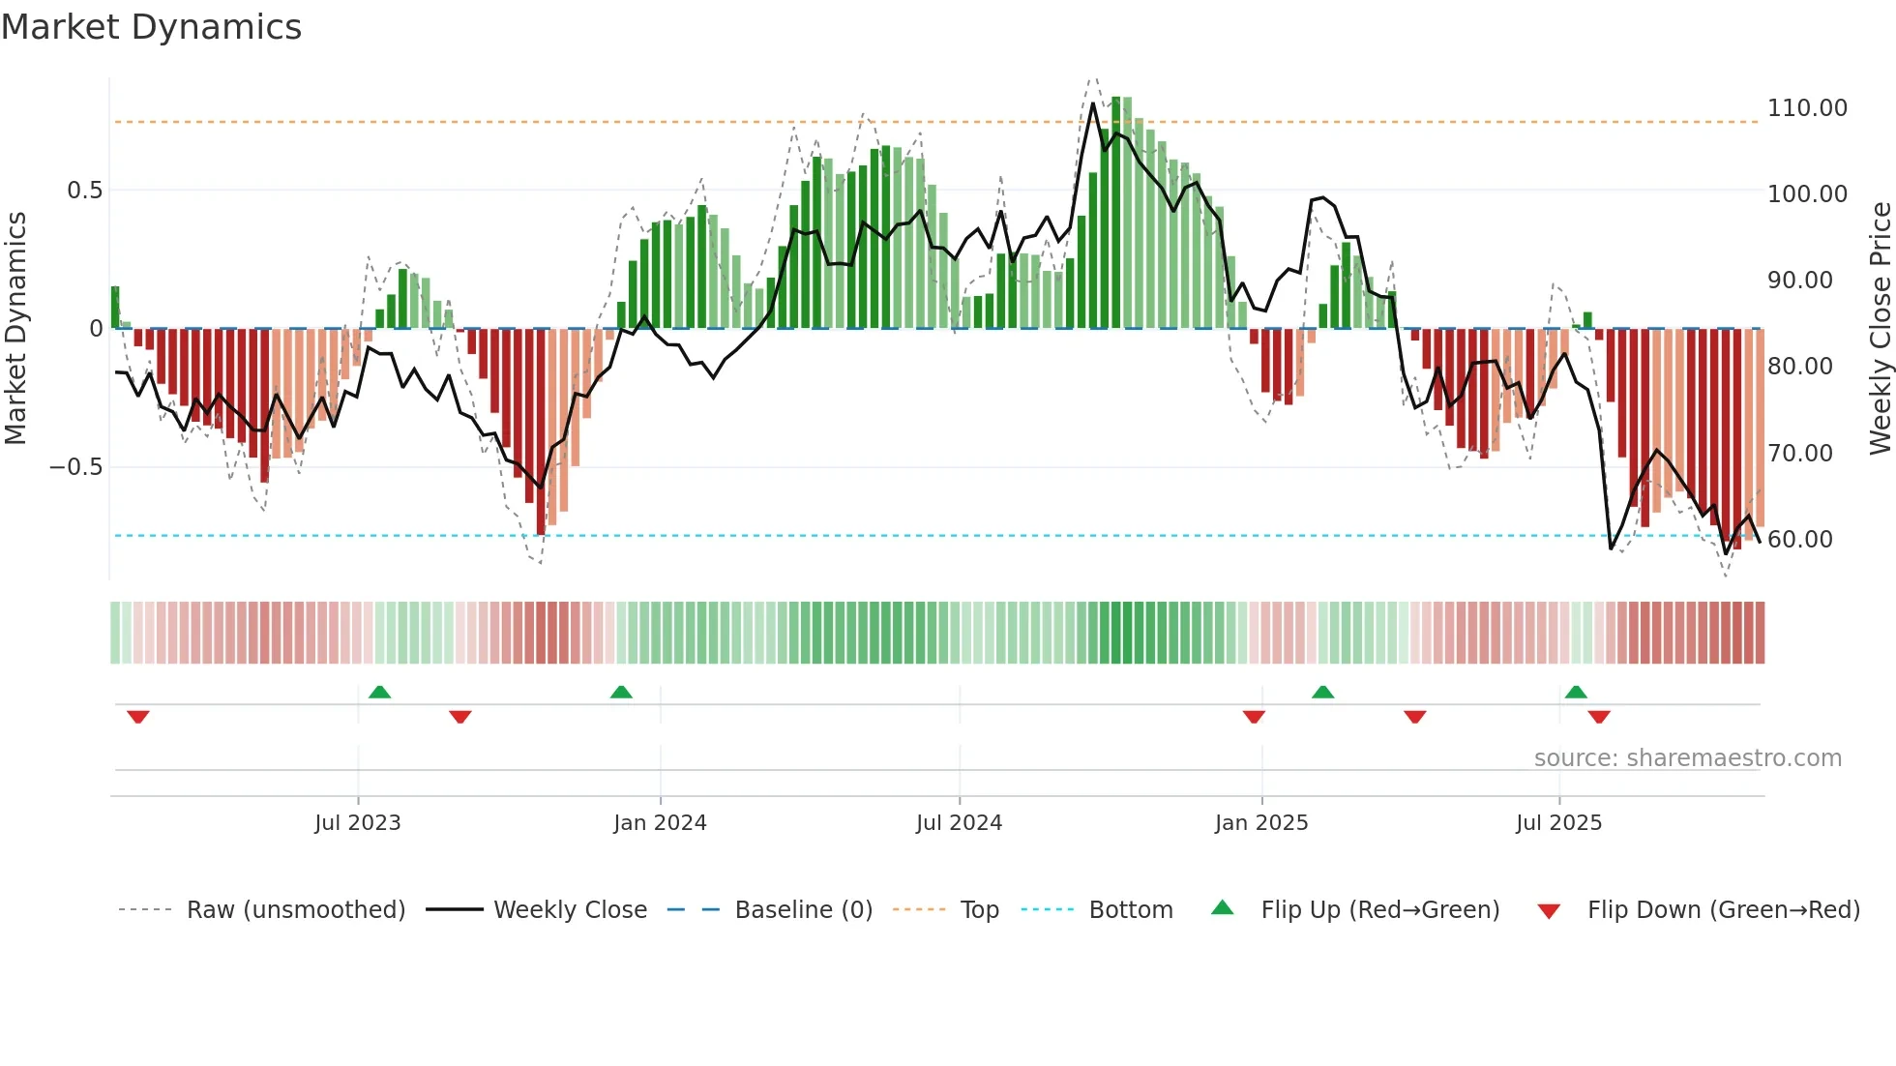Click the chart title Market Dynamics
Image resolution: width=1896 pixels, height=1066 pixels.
pos(151,27)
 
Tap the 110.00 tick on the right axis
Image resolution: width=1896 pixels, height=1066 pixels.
pos(1806,108)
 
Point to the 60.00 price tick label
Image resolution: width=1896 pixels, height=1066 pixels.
pos(1799,540)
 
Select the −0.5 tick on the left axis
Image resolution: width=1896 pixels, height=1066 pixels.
pos(75,467)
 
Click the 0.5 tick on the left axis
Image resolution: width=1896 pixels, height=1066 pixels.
pos(84,191)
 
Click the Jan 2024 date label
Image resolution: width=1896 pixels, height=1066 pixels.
pos(660,823)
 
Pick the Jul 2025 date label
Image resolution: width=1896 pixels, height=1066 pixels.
pos(1558,823)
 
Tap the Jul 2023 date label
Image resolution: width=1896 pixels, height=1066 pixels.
pos(357,823)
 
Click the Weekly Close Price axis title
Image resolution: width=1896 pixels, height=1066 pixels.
pos(1880,328)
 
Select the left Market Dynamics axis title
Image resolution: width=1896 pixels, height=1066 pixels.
pos(15,328)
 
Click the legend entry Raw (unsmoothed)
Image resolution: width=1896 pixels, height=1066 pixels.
pos(295,910)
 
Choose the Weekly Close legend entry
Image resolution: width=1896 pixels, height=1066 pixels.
pos(570,910)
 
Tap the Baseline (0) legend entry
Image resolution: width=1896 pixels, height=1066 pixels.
pos(803,910)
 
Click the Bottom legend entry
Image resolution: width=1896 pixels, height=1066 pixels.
pos(1130,910)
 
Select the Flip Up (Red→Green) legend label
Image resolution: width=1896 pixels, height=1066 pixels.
pos(1379,910)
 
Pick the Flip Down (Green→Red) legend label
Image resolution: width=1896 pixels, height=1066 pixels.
pos(1723,910)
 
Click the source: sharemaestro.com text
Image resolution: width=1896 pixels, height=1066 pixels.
pos(1687,758)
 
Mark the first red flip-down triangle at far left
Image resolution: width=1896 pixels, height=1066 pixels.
pos(138,717)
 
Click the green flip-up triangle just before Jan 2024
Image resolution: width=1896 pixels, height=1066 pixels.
pos(621,692)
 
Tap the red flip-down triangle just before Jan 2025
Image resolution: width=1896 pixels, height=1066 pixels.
pos(1254,717)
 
